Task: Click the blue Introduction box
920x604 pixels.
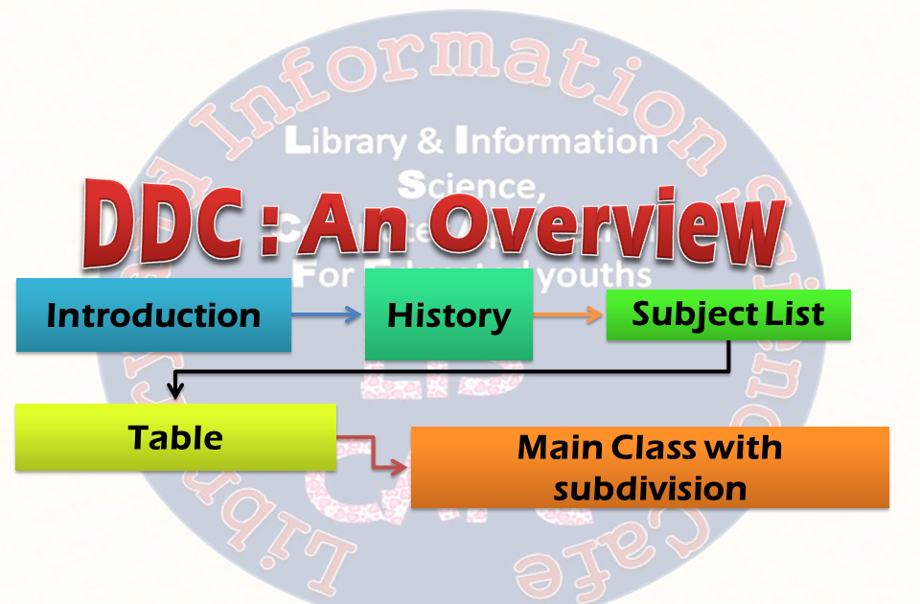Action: coord(153,315)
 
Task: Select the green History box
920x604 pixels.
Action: coord(448,315)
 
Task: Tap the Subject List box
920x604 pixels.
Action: coord(728,314)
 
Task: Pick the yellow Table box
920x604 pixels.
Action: coord(175,438)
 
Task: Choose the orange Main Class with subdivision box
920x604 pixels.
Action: coord(650,468)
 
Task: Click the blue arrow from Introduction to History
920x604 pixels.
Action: coord(326,314)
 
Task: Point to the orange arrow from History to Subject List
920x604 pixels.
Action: coord(569,314)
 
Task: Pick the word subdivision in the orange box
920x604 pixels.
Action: coord(650,489)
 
